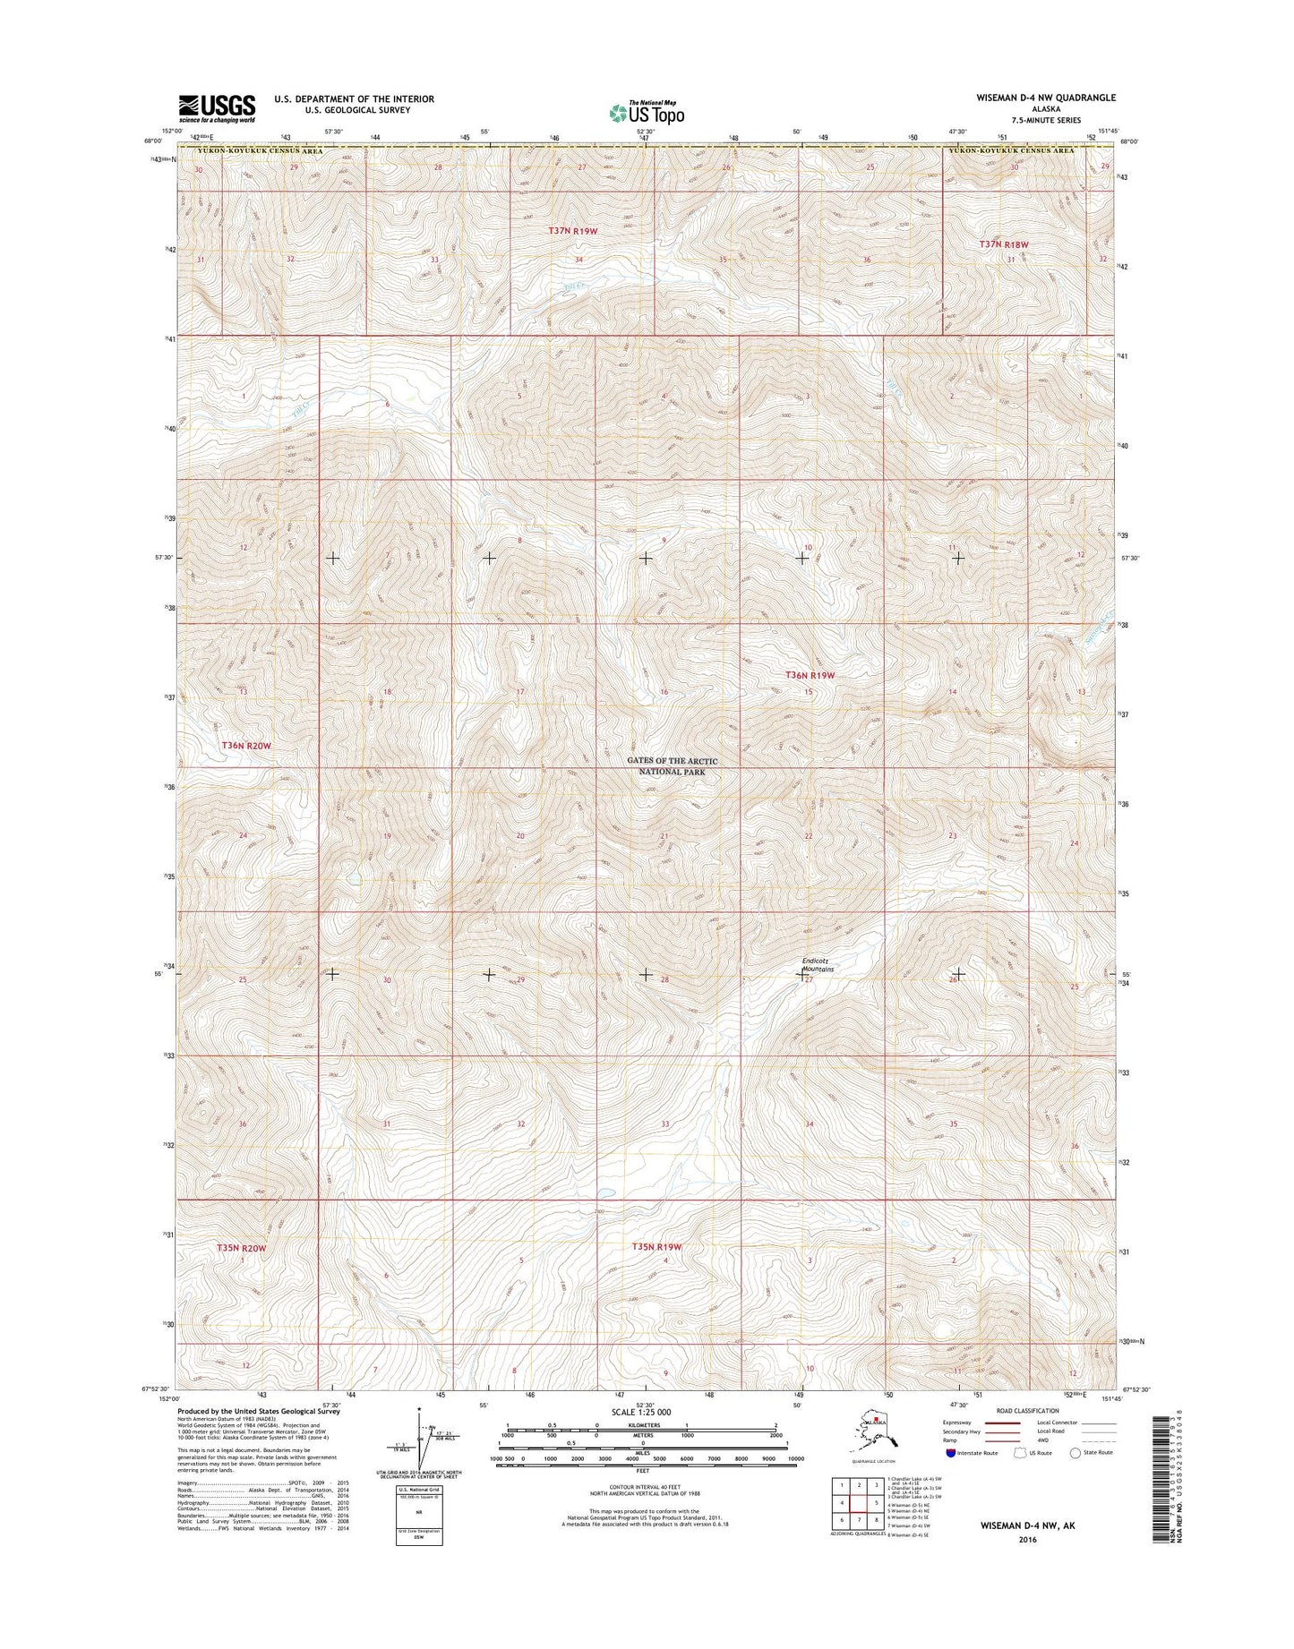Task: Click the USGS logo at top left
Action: [x=217, y=108]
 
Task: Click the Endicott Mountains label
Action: [x=818, y=965]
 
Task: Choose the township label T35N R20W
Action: [x=241, y=1247]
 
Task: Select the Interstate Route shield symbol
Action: [x=949, y=1477]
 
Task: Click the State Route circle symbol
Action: [x=1074, y=1477]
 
